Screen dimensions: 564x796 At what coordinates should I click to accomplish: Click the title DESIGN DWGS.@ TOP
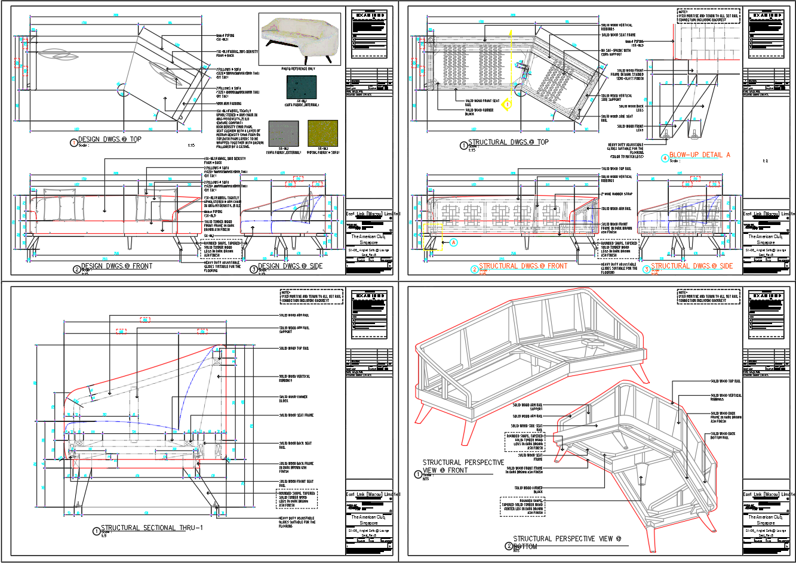point(110,140)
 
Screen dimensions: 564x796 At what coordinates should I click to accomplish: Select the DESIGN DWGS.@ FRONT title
point(116,266)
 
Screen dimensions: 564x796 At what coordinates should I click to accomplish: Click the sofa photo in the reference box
point(299,39)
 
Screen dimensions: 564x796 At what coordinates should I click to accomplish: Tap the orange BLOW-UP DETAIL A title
point(699,155)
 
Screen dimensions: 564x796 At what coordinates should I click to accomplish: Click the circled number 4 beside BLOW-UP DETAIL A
point(665,158)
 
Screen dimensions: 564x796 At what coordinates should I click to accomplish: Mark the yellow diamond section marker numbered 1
point(507,104)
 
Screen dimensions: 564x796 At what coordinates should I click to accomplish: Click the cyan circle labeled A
point(453,242)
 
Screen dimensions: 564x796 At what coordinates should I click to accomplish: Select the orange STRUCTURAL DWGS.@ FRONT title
point(523,266)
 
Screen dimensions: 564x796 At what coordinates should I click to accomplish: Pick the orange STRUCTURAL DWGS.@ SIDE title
point(691,266)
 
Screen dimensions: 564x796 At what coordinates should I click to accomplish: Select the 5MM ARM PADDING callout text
point(229,103)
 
